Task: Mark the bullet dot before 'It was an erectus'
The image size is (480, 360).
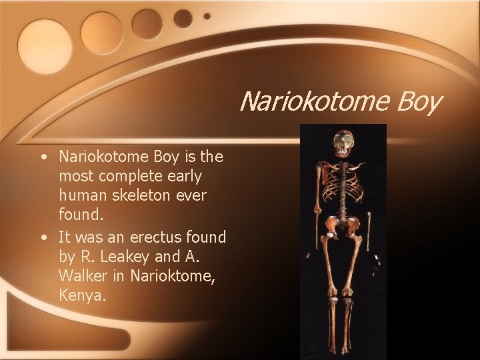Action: click(43, 237)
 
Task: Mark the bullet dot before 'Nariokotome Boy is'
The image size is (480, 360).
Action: click(43, 158)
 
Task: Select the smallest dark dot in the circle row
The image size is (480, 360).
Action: click(207, 16)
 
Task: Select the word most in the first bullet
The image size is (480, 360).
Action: click(76, 177)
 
